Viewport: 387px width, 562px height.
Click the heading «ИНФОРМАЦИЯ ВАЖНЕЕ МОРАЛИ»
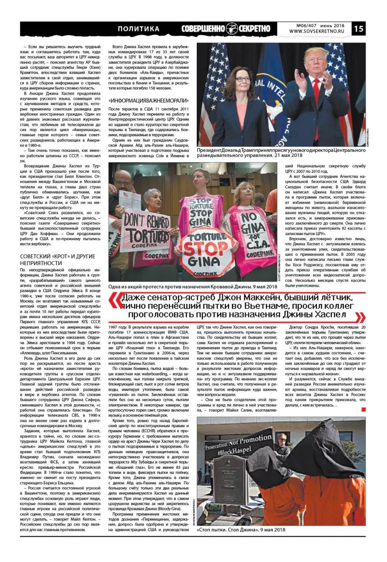coord(148,101)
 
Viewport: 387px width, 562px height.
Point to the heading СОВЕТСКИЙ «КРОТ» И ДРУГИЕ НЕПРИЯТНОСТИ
coord(58,259)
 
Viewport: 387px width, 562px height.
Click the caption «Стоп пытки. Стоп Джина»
coord(241,530)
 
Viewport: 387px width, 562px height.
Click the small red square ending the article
coord(364,410)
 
